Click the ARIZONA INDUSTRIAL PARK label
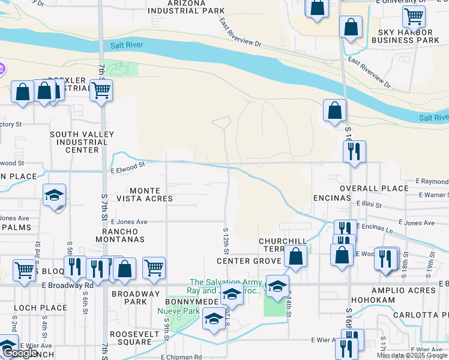[x=187, y=7]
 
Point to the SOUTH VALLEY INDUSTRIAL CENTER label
[x=79, y=142]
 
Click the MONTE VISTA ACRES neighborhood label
[x=145, y=194]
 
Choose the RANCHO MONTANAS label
[x=124, y=235]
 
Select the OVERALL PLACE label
[x=374, y=188]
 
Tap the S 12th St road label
[x=226, y=239]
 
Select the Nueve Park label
[x=170, y=311]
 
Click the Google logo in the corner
[x=19, y=353]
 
